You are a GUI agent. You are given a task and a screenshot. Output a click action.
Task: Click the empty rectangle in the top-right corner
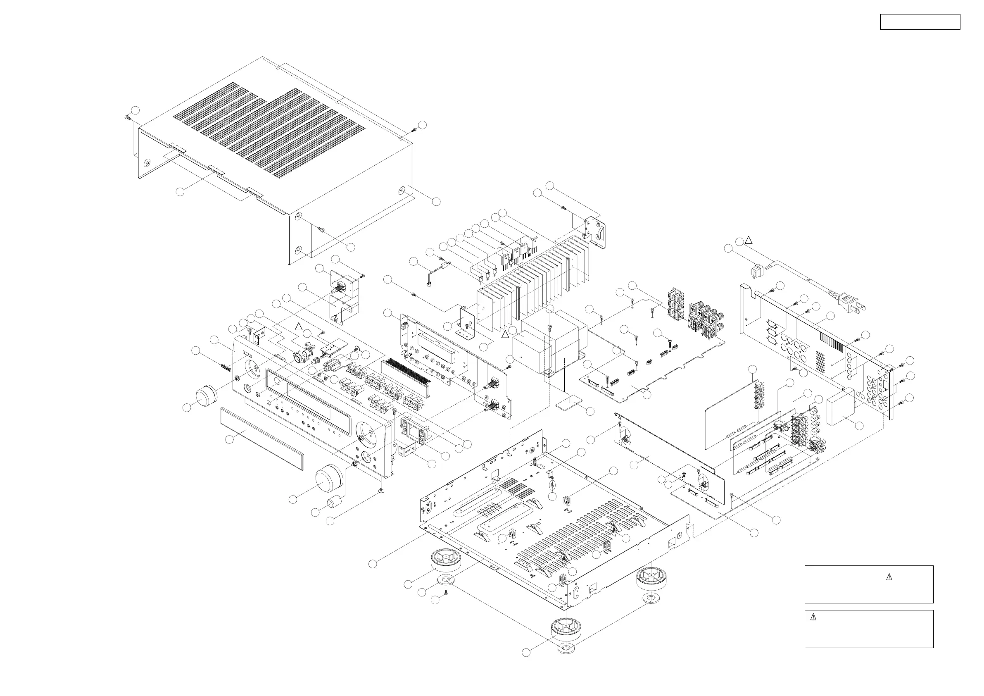920,22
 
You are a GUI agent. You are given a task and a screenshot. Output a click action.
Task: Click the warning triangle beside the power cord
748,240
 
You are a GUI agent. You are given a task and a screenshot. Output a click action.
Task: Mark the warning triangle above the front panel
299,327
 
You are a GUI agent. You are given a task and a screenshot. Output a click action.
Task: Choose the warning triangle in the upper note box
889,577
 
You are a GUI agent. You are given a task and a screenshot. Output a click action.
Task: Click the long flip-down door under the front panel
261,437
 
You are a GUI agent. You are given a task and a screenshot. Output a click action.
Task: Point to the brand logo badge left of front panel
226,368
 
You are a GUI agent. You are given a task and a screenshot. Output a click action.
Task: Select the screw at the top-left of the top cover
127,117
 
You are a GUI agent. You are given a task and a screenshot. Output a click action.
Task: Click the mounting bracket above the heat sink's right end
596,231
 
